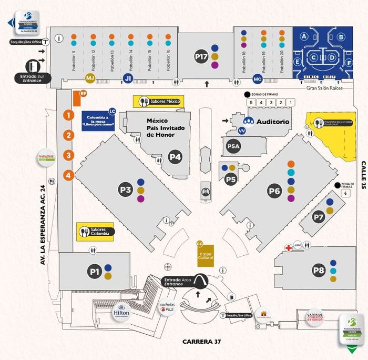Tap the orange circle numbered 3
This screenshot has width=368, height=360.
click(x=68, y=155)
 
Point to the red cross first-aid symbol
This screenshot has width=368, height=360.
click(x=288, y=246)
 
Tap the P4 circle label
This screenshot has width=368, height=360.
click(x=175, y=156)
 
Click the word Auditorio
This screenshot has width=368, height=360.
click(x=273, y=122)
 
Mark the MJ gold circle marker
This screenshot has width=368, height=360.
click(x=90, y=79)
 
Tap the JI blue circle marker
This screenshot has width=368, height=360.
click(x=127, y=78)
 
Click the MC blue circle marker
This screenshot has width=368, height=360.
click(x=257, y=79)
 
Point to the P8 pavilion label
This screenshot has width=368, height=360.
click(x=319, y=271)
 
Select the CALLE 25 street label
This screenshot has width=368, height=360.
click(x=362, y=174)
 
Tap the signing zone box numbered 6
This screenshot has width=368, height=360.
click(x=345, y=193)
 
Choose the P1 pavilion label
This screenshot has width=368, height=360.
click(x=95, y=272)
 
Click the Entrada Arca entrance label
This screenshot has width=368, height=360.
click(x=173, y=282)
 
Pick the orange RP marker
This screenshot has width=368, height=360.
click(x=83, y=94)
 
